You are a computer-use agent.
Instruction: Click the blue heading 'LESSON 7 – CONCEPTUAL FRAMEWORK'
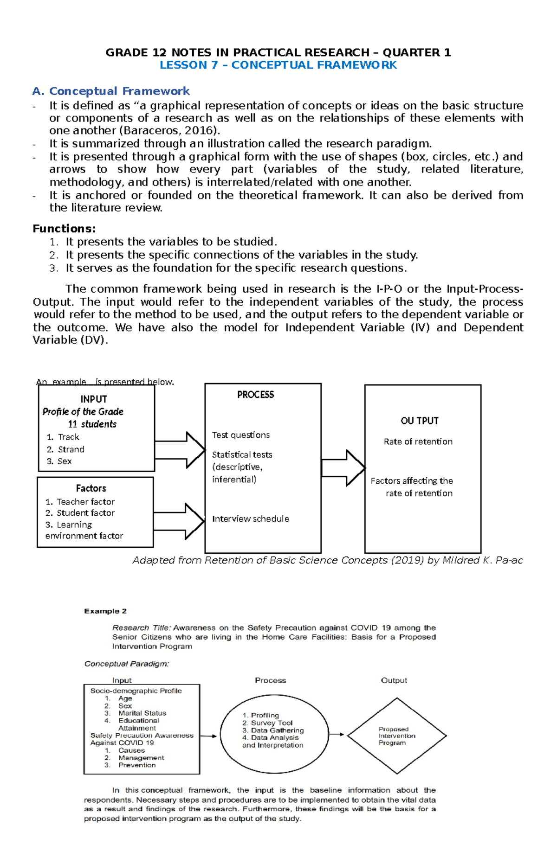(278, 65)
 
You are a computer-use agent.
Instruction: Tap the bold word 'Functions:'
(64, 229)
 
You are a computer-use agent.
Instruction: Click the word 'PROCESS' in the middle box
(255, 395)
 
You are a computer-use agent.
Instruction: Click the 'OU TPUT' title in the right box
(419, 421)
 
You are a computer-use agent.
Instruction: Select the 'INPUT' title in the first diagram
(93, 399)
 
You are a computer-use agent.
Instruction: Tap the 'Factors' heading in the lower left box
(91, 488)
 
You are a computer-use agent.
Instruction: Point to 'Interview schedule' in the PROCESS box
(250, 519)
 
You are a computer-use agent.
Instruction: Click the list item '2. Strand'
(65, 449)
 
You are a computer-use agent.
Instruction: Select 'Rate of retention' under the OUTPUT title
(418, 441)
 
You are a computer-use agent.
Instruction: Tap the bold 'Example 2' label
(105, 611)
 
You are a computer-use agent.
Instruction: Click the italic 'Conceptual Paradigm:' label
(127, 664)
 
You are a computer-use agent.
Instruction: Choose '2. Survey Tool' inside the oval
(267, 723)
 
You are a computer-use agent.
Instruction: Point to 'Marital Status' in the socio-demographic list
(142, 713)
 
